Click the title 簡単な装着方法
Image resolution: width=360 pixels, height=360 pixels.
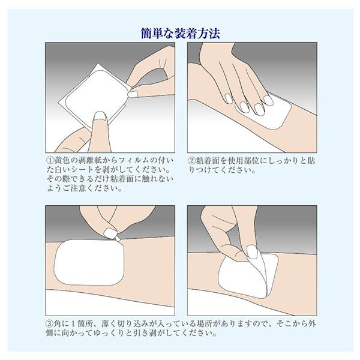(181, 33)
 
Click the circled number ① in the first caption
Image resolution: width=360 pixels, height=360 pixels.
(50, 161)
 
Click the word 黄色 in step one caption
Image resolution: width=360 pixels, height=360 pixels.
(63, 161)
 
